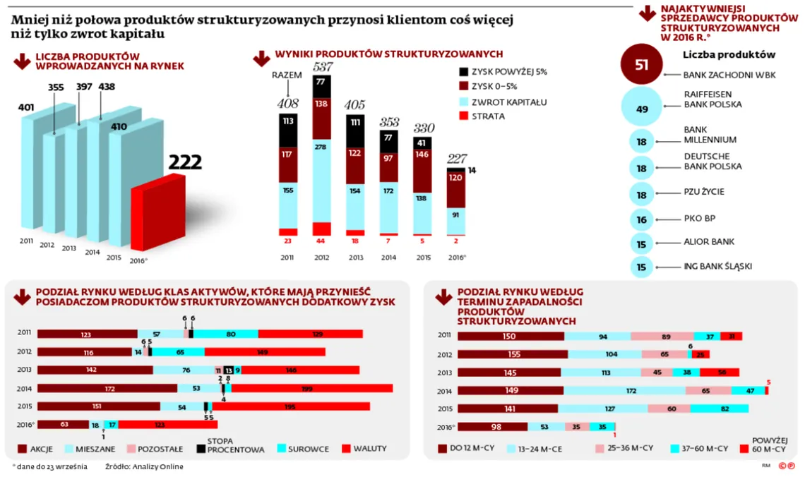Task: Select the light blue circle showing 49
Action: pos(641,109)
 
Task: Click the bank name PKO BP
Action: pos(700,219)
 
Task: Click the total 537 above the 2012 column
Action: pos(323,67)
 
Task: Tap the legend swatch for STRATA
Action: pos(464,116)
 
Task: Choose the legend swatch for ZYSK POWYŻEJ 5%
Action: pos(464,71)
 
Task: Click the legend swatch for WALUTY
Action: pos(346,448)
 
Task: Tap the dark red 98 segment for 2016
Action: pos(492,427)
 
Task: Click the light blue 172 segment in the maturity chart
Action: pos(625,390)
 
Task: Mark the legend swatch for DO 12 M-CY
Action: pos(443,448)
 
